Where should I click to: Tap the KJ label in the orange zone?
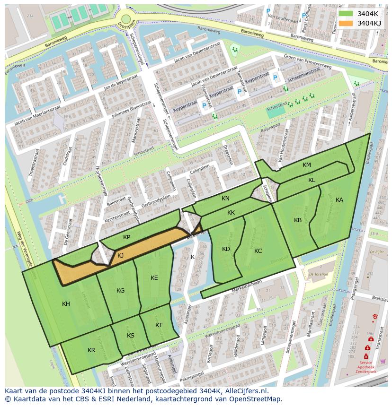(120, 256)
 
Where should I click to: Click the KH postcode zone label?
(66, 304)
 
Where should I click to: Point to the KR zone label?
(91, 350)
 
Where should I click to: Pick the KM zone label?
(307, 165)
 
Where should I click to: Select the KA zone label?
(339, 200)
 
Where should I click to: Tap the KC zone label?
(258, 251)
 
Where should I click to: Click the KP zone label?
(126, 237)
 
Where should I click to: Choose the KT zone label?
(159, 325)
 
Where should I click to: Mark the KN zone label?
(225, 199)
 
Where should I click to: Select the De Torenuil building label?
(318, 274)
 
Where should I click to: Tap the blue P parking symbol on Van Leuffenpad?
(268, 11)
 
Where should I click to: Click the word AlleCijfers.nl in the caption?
(246, 391)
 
